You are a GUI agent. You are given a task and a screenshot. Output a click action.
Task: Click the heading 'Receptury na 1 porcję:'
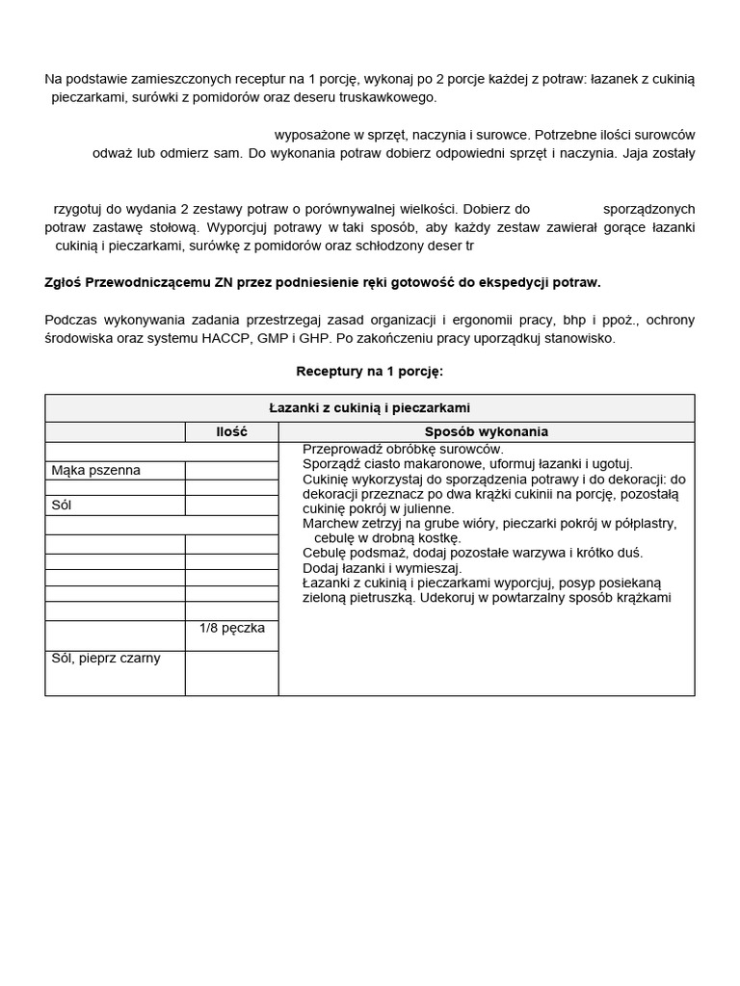coord(369,371)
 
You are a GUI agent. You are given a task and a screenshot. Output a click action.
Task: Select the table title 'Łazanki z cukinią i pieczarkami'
coord(369,408)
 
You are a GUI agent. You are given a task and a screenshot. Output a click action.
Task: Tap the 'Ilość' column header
coord(231,432)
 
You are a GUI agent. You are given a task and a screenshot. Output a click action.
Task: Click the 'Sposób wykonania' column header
coord(486,432)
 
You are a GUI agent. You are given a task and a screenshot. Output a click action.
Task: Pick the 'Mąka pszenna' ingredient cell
coord(96,470)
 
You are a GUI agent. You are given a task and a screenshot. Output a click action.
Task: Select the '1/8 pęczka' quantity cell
coord(231,628)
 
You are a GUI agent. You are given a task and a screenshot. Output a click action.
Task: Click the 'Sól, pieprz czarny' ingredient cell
coord(106,659)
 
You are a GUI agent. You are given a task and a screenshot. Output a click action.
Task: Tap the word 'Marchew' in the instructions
coord(332,523)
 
